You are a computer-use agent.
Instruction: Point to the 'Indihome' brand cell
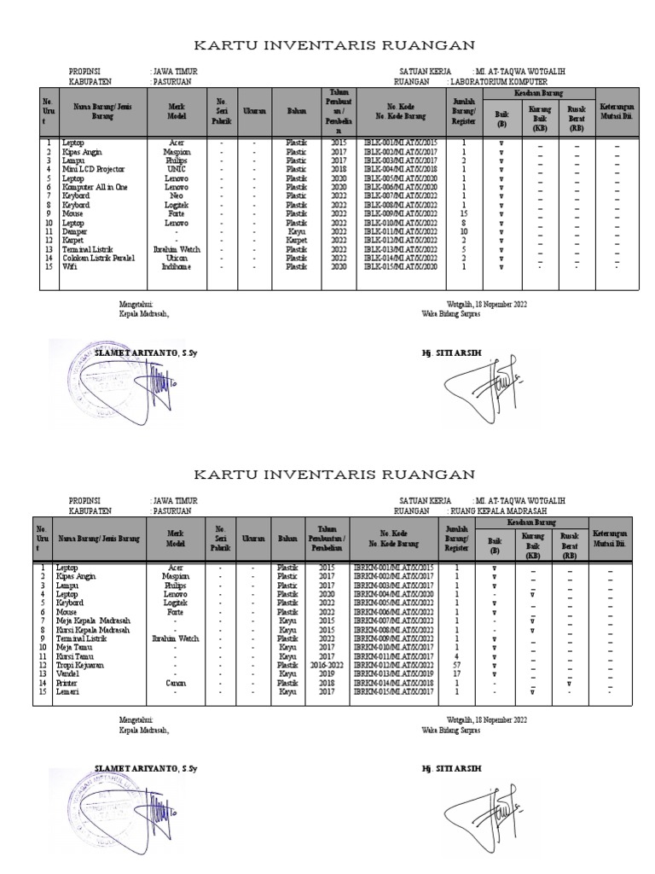[176, 267]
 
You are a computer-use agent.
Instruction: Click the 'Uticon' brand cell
[176, 257]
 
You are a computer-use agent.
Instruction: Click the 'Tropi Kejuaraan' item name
[79, 664]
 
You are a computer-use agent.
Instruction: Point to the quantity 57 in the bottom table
[457, 664]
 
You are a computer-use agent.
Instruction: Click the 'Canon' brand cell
[176, 683]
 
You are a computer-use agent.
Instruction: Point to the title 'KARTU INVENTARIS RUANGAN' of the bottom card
[334, 474]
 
